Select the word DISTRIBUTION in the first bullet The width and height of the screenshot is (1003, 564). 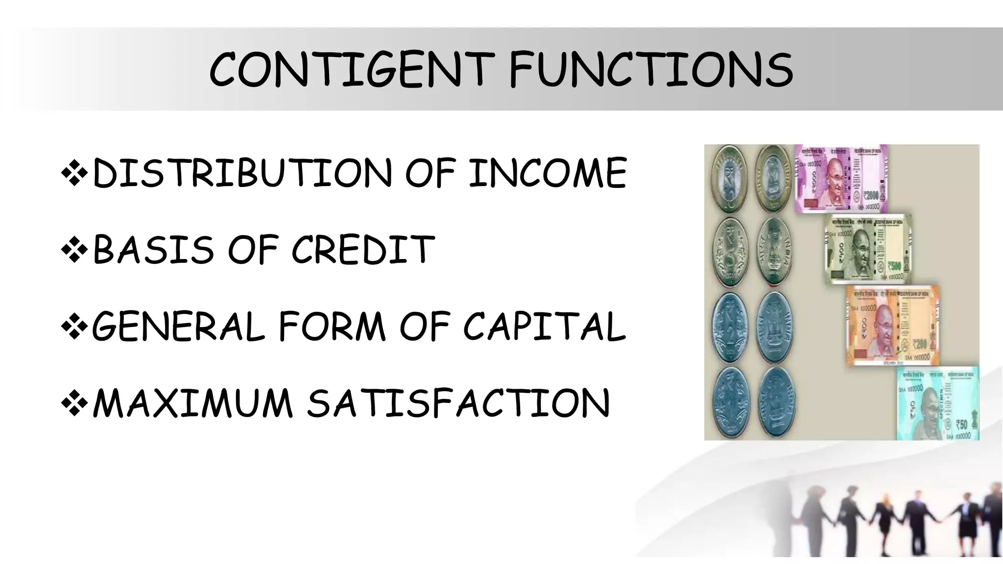242,173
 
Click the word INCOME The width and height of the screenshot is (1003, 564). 548,173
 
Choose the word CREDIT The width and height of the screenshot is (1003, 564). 363,249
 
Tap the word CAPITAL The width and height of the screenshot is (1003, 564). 544,327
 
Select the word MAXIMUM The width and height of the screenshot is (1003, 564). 193,403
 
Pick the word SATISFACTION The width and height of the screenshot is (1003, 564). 458,403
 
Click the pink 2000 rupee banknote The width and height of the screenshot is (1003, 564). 841,178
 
